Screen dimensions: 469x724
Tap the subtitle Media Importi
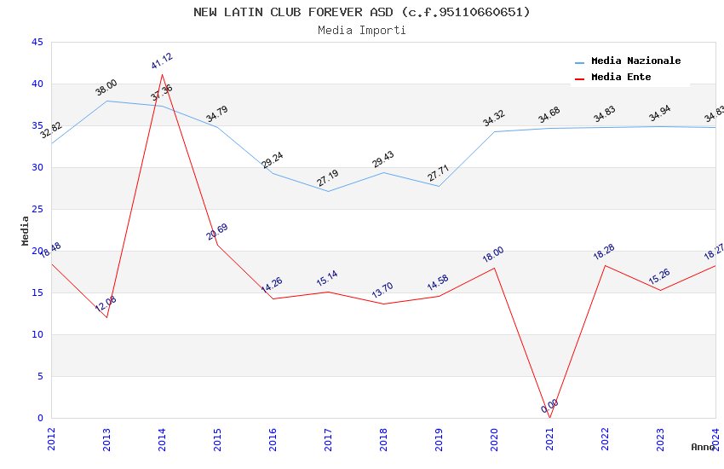(x=362, y=30)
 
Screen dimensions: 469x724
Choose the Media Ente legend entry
(x=621, y=78)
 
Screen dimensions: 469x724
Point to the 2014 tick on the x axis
(x=162, y=440)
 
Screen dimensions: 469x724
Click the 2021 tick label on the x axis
(x=549, y=440)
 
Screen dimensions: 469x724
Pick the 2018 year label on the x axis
(x=383, y=440)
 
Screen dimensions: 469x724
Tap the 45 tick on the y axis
(x=37, y=43)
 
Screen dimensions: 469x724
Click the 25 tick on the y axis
(x=37, y=210)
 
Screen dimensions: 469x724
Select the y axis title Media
(x=26, y=230)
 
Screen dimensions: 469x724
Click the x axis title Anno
(x=703, y=447)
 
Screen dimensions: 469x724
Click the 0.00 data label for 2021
(x=550, y=406)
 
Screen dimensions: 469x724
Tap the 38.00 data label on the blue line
(x=106, y=88)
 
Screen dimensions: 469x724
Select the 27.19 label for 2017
(x=327, y=178)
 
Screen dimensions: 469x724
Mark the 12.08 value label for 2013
(x=106, y=304)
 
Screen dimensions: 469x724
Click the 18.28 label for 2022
(x=605, y=252)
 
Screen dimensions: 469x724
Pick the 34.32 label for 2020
(x=494, y=119)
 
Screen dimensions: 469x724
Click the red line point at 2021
(x=549, y=418)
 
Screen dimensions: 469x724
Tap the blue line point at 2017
(x=328, y=191)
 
